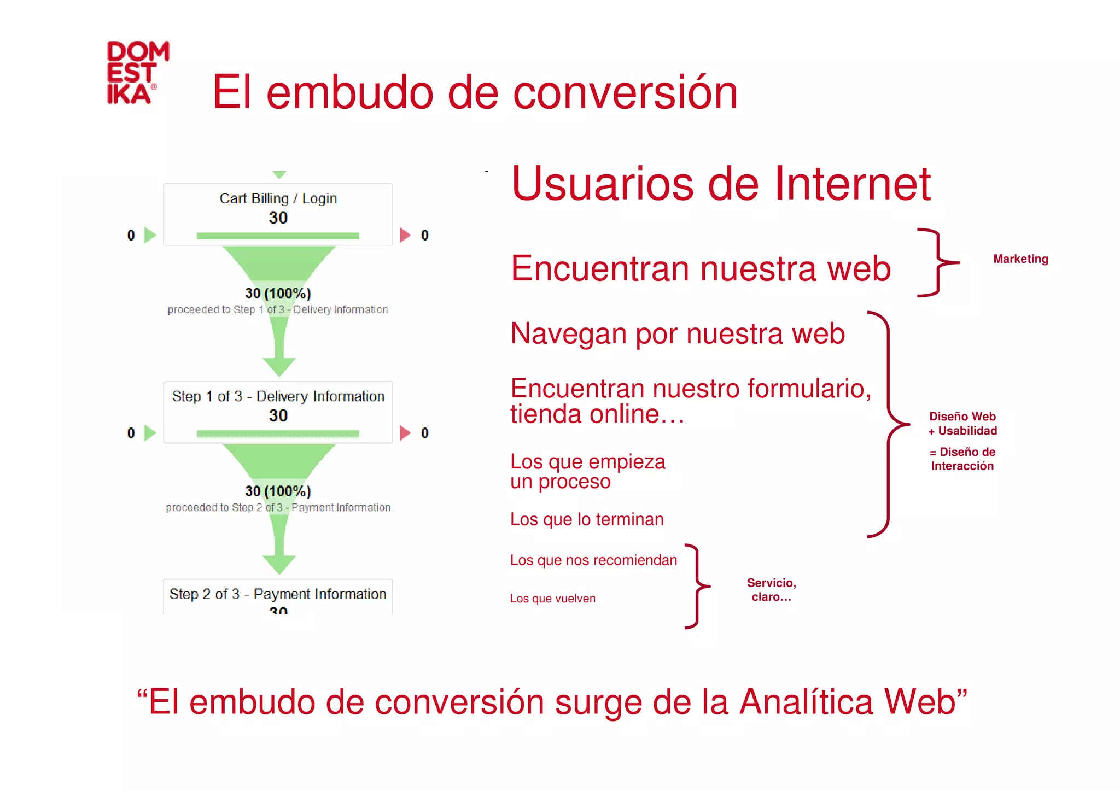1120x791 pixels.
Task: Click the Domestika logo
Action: coord(138,73)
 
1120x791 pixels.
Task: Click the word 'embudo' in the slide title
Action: coord(349,93)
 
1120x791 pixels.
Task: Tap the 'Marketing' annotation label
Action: coord(1020,259)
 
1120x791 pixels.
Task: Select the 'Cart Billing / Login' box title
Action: coord(278,198)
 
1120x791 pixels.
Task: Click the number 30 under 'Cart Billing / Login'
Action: coord(278,218)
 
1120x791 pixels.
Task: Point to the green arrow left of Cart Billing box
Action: coord(150,235)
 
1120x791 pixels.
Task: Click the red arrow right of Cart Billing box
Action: coord(405,235)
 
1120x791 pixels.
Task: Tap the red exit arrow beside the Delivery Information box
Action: coord(405,433)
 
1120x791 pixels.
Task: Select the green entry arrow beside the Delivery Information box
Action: coord(150,433)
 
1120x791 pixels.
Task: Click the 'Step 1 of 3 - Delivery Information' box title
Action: coord(278,396)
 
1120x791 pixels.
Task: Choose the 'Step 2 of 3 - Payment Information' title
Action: coord(278,594)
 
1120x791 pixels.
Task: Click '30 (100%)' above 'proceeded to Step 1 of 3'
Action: coord(278,294)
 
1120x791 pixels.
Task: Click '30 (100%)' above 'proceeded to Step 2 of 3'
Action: coord(278,491)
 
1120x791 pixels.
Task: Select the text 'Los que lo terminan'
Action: coord(587,519)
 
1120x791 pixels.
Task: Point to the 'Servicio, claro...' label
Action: coord(771,590)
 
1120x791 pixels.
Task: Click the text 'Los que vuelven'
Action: coord(553,599)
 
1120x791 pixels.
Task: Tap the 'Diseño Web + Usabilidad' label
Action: coord(962,424)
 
